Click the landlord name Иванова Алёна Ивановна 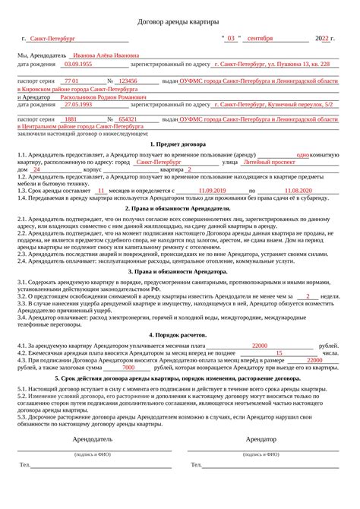pos(106,55)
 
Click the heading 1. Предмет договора pos(179,144)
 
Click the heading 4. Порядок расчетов pos(179,334)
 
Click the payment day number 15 pos(279,353)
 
